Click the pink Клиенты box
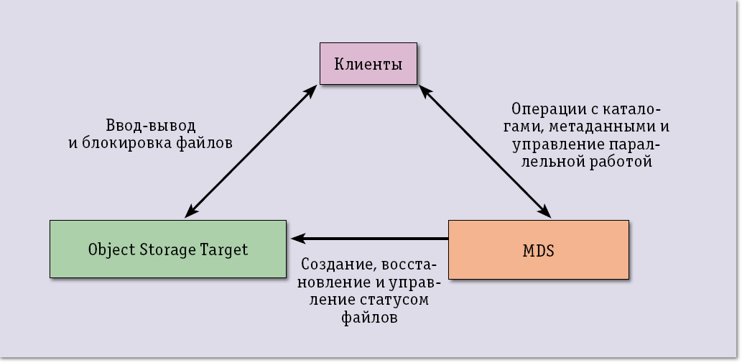click(x=368, y=65)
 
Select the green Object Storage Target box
click(x=167, y=249)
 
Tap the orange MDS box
click(x=538, y=249)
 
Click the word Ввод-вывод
click(x=149, y=125)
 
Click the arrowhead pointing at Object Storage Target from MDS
click(x=296, y=238)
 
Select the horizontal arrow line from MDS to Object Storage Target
click(x=374, y=238)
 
